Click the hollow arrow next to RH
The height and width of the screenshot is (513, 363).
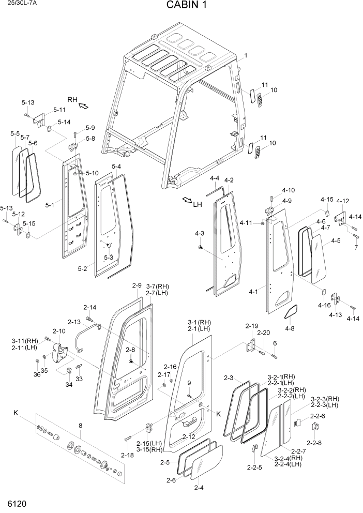pos(83,106)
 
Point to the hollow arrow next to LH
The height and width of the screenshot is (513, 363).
pos(187,200)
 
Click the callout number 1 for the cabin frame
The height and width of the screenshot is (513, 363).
pos(245,55)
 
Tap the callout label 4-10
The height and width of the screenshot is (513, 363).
pos(288,190)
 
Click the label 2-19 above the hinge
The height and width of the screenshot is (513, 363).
pos(251,326)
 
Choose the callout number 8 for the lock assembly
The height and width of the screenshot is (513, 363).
pos(80,426)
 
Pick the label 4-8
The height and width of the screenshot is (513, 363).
pos(289,328)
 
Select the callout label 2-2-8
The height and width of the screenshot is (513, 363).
pos(314,443)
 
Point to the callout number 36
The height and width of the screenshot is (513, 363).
pos(37,374)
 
